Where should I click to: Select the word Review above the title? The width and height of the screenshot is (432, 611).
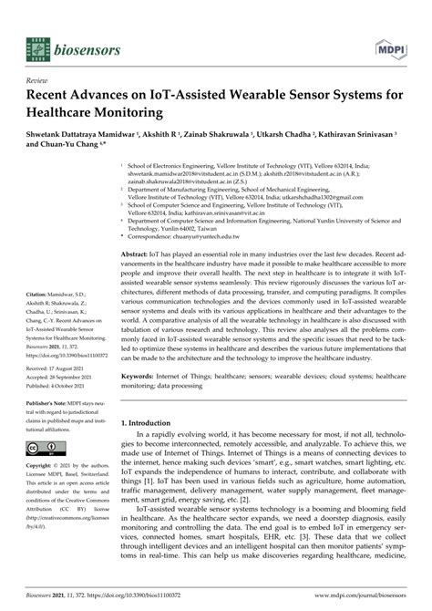point(41,79)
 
